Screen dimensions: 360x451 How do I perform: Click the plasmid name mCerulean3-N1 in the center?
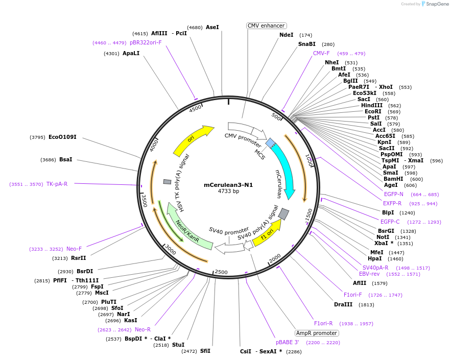[x=228, y=185]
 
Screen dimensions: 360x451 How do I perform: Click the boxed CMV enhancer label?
[x=266, y=26]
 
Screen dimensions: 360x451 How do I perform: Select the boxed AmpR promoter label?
[x=317, y=333]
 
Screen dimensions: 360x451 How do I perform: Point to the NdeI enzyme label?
[x=287, y=35]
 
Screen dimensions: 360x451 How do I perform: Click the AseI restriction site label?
[x=212, y=27]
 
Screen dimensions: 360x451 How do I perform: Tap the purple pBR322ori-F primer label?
[x=146, y=42]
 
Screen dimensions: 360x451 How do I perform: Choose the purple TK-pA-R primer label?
[x=57, y=184]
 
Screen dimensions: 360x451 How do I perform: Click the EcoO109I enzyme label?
[x=62, y=137]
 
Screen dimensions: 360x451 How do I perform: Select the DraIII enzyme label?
[x=343, y=304]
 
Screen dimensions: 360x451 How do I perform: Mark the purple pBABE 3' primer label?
[x=288, y=342]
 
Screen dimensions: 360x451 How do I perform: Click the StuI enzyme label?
[x=178, y=345]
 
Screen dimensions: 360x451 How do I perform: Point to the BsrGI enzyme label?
[x=386, y=231]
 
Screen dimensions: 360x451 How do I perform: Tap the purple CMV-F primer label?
[x=321, y=53]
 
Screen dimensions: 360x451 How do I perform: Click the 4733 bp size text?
[x=228, y=191]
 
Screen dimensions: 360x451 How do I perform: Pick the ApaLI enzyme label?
[x=131, y=53]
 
